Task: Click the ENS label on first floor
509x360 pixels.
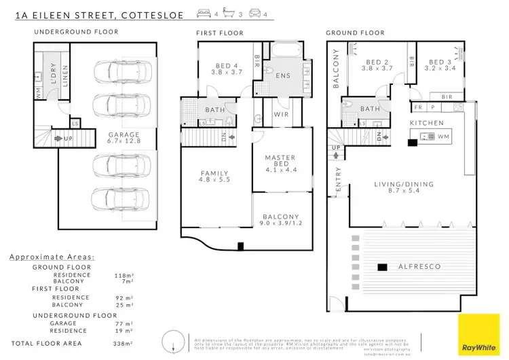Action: [x=283, y=76]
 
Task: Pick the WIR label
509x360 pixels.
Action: [x=281, y=115]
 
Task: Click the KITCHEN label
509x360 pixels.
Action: [x=426, y=123]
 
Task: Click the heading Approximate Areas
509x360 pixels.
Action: [x=52, y=258]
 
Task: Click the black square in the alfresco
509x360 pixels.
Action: [x=381, y=268]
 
